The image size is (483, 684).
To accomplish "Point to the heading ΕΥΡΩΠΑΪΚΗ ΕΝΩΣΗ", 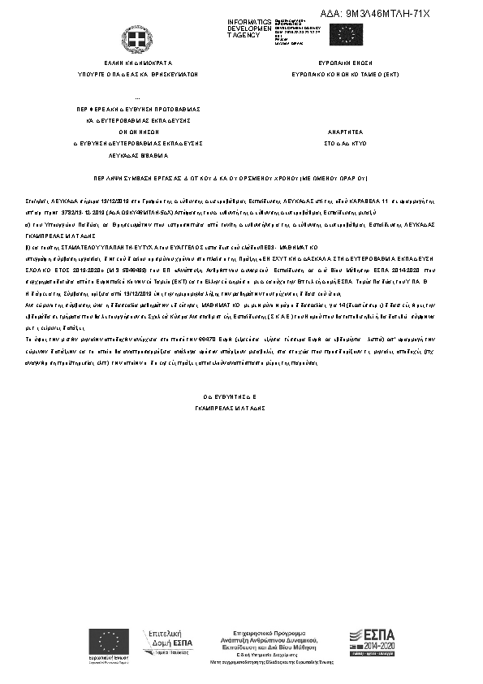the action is point(349,62).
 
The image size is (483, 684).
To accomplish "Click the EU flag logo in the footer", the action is point(110,643).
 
